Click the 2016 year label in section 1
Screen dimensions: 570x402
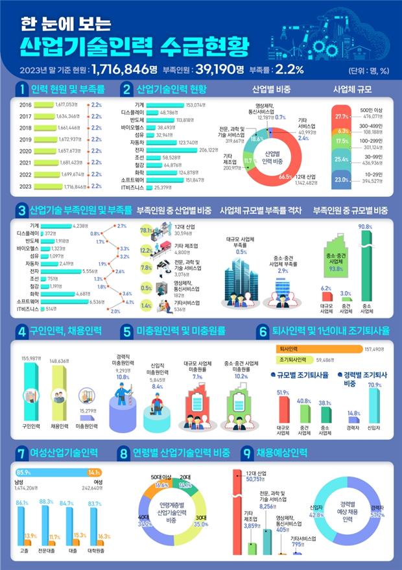[x=26, y=104]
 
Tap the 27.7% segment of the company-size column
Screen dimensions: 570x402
[x=343, y=116]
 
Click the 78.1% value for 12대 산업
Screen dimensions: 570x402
[x=147, y=230]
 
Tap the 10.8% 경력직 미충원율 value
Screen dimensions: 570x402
[x=123, y=377]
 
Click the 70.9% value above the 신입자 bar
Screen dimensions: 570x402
[x=375, y=385]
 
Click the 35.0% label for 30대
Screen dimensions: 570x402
[x=200, y=524]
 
